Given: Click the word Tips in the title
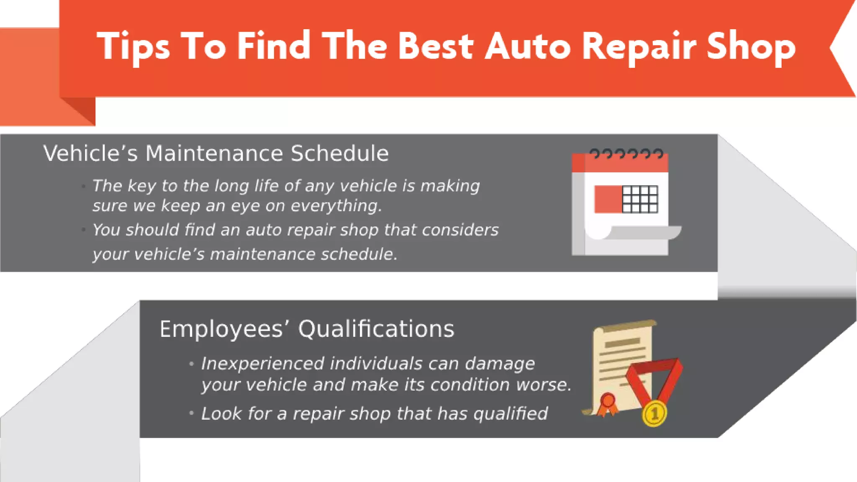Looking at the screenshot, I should [133, 47].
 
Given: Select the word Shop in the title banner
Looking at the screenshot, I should [751, 47].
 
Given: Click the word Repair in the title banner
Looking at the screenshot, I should [639, 47].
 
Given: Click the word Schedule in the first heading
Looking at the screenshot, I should [339, 153].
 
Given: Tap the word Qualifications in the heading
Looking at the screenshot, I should [376, 329].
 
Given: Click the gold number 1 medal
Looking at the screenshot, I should [654, 414].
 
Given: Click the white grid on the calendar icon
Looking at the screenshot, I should [640, 199].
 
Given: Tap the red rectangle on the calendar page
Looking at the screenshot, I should [608, 199].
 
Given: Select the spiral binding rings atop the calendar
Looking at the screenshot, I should [626, 154].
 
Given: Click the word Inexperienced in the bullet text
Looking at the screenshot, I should [262, 364].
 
